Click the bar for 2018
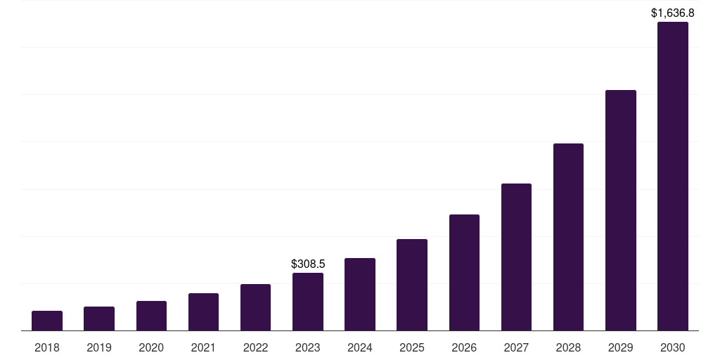(x=47, y=321)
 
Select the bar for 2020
(x=151, y=316)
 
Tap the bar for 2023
(x=308, y=302)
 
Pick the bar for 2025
(x=412, y=285)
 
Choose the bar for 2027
(x=516, y=257)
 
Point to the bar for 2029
(x=621, y=210)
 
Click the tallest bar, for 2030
(x=673, y=176)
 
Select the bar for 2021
(x=203, y=311)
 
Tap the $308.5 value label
(x=308, y=264)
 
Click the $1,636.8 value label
(x=673, y=13)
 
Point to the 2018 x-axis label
(x=47, y=347)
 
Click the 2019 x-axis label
(x=99, y=347)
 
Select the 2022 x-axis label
(x=255, y=347)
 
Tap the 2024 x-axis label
(x=360, y=347)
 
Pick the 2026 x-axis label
(x=464, y=347)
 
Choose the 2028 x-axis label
(x=568, y=347)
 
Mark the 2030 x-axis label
(x=673, y=347)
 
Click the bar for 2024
(x=360, y=294)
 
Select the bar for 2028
(x=568, y=237)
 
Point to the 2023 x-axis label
(x=308, y=347)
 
